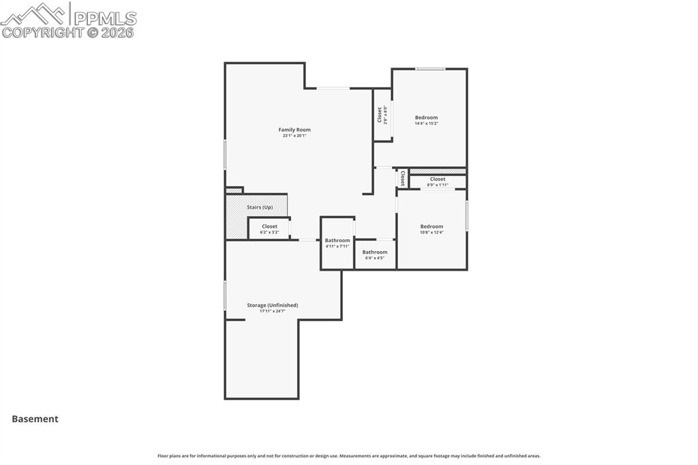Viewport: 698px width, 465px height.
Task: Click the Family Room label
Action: [294, 130]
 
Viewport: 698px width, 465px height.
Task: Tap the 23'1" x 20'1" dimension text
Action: [294, 136]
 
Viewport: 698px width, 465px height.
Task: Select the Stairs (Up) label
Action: [260, 207]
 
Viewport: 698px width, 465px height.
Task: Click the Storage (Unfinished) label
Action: [272, 305]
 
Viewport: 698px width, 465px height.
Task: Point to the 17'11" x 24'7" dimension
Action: [272, 311]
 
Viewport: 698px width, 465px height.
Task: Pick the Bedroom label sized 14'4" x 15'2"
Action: [427, 117]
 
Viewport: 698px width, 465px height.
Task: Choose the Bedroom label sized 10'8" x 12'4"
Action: [431, 226]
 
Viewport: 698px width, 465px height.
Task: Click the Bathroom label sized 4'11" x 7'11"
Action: [337, 240]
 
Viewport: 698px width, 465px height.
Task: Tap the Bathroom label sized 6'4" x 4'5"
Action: [375, 252]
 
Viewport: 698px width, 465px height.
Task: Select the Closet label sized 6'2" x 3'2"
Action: [269, 226]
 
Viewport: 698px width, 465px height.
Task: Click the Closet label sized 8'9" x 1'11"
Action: [438, 179]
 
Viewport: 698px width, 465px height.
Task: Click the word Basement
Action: [35, 419]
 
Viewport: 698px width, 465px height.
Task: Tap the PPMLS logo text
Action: [104, 18]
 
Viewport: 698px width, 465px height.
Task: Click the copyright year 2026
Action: [117, 32]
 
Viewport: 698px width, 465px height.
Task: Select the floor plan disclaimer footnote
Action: [349, 455]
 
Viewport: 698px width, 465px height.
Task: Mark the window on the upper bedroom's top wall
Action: [431, 69]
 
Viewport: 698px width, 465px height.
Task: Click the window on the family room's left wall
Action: [226, 155]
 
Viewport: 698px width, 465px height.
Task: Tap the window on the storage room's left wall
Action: [226, 296]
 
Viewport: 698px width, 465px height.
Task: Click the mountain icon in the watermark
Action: [34, 13]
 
